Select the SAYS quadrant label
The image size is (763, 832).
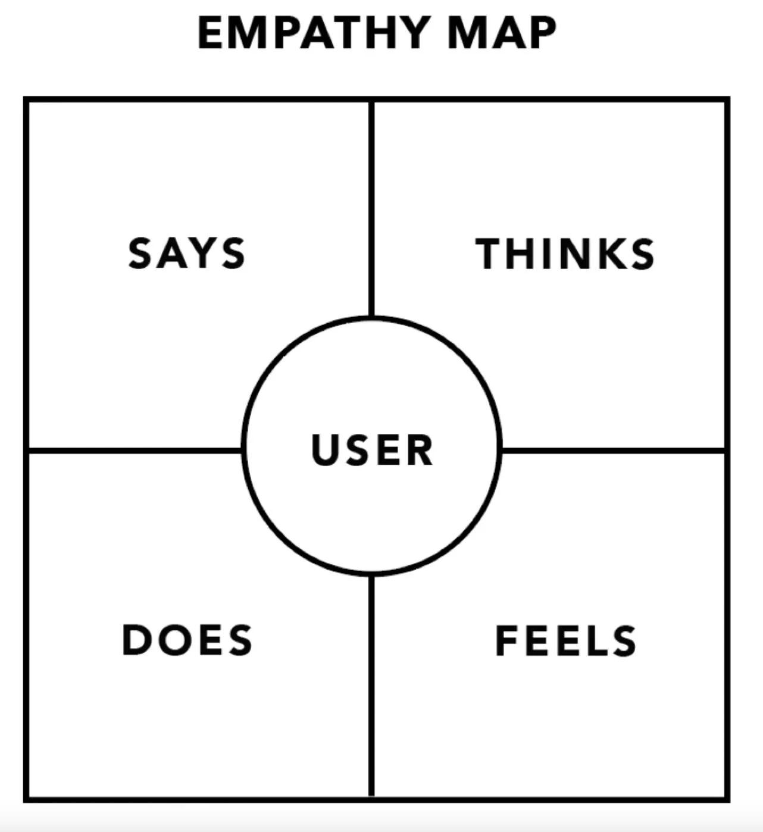tap(186, 254)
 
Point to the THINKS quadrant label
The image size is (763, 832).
tap(565, 254)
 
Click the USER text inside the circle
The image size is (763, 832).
tap(372, 449)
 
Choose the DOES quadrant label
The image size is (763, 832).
tap(187, 640)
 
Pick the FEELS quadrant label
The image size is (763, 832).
tap(565, 641)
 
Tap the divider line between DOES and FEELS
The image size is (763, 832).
tap(371, 684)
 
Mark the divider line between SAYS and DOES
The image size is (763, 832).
tap(134, 450)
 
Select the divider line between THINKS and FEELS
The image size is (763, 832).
tap(613, 451)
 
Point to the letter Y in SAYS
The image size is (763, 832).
tap(201, 254)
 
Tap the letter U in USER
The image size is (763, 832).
tap(325, 449)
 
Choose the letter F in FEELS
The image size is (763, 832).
tap(508, 641)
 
